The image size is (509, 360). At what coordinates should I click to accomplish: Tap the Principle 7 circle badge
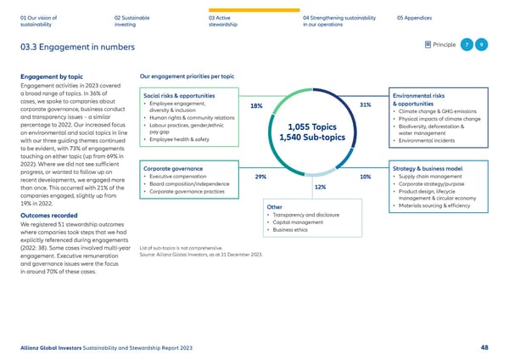coord(466,45)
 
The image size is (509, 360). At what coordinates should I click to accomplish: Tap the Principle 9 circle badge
coord(481,45)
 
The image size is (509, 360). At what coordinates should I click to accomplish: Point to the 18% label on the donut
coord(255,106)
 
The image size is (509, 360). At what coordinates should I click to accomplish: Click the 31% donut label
coord(366,104)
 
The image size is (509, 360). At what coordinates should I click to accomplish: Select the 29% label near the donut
coord(260,177)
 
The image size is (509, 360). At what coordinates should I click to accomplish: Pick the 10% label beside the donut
coord(365,177)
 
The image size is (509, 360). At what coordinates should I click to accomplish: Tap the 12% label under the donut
coord(320,187)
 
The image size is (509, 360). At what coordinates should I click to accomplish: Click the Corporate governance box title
coord(173,169)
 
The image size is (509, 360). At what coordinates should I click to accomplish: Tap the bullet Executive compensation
coord(181,177)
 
